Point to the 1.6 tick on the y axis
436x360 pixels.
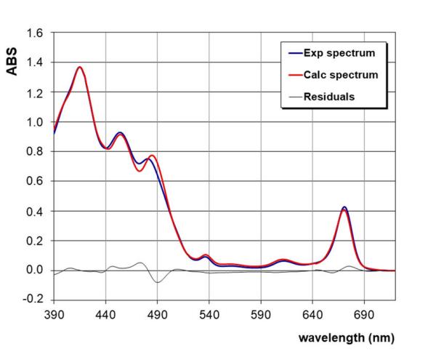[x=35, y=33]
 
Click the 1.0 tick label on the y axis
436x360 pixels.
[x=35, y=122]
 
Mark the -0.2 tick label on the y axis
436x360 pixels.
[x=33, y=300]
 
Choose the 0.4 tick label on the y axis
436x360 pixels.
[x=35, y=212]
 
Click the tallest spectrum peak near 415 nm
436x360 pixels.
[x=80, y=68]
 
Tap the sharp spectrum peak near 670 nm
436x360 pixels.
[x=344, y=208]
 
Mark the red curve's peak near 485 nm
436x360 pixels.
[x=152, y=155]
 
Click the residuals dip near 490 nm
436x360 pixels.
[x=156, y=282]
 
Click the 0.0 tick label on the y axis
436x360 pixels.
[x=35, y=271]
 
